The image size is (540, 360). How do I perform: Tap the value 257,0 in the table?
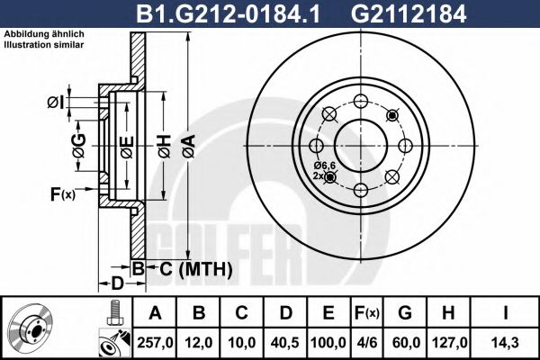point(155,342)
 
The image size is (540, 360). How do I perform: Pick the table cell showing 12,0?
point(200,342)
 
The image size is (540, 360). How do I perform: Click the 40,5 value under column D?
point(286,342)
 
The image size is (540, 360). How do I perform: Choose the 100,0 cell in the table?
point(329,342)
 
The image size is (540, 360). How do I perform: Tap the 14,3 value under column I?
point(508,342)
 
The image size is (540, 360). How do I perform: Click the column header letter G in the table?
point(406,312)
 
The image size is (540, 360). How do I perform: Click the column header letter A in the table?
point(155,312)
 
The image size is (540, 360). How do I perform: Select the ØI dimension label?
point(54,102)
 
